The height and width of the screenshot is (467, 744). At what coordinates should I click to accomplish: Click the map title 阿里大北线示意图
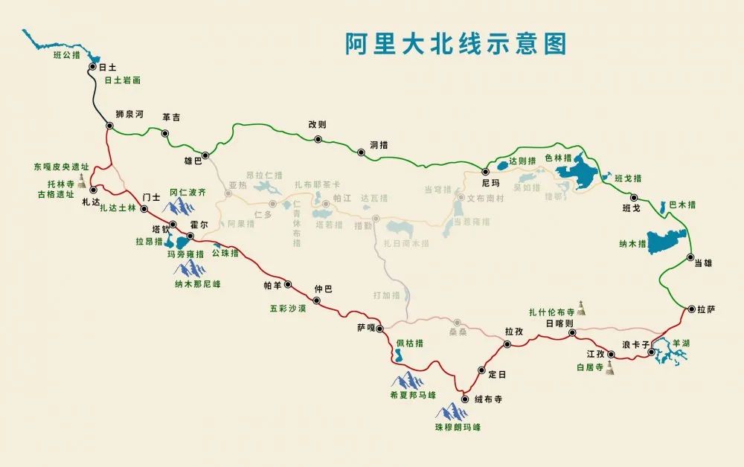[455, 44]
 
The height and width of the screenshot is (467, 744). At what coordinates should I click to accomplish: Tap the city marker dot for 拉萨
[691, 309]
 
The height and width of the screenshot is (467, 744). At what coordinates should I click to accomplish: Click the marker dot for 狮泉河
[109, 126]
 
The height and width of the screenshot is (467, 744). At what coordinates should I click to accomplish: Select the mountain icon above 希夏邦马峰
[408, 380]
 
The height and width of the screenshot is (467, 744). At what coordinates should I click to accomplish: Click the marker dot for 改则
[318, 139]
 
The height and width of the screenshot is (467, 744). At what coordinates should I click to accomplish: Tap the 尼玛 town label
[491, 182]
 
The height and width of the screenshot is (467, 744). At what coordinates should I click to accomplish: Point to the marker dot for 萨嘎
[379, 328]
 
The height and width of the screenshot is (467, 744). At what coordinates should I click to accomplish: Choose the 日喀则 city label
[559, 324]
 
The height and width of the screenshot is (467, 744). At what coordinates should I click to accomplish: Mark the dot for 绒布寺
[464, 399]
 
